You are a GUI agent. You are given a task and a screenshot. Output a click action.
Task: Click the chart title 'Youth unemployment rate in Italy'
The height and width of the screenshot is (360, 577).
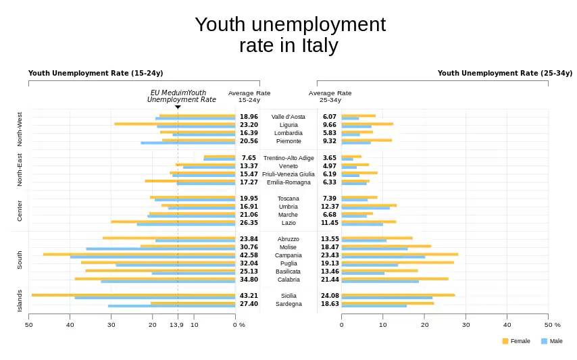pos(289,35)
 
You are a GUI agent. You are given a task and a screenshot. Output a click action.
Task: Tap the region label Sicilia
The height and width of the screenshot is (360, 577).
pos(288,296)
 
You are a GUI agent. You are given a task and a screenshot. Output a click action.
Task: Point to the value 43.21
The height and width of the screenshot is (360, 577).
pos(249,296)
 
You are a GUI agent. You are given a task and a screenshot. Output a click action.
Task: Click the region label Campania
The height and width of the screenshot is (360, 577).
pos(288,255)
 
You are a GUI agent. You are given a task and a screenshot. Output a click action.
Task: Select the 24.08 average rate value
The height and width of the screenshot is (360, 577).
pos(330,296)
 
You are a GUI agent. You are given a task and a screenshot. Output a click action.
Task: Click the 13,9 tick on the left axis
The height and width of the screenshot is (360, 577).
pos(176,325)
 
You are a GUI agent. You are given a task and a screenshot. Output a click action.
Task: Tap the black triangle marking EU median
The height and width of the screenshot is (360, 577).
pos(178,107)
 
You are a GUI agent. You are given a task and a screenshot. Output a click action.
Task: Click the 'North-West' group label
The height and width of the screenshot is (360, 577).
pos(19,129)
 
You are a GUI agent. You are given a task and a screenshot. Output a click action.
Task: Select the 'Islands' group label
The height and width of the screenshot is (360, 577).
pos(19,301)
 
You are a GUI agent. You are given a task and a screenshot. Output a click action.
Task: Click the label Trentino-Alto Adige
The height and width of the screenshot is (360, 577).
pos(288,158)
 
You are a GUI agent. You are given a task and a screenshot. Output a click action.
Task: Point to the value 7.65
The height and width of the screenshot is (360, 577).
pos(249,158)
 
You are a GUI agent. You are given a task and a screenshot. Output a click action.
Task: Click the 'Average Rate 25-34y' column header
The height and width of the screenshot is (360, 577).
pos(330,96)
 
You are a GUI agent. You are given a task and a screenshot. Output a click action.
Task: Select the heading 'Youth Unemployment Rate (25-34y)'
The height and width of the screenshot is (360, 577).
pos(504,73)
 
